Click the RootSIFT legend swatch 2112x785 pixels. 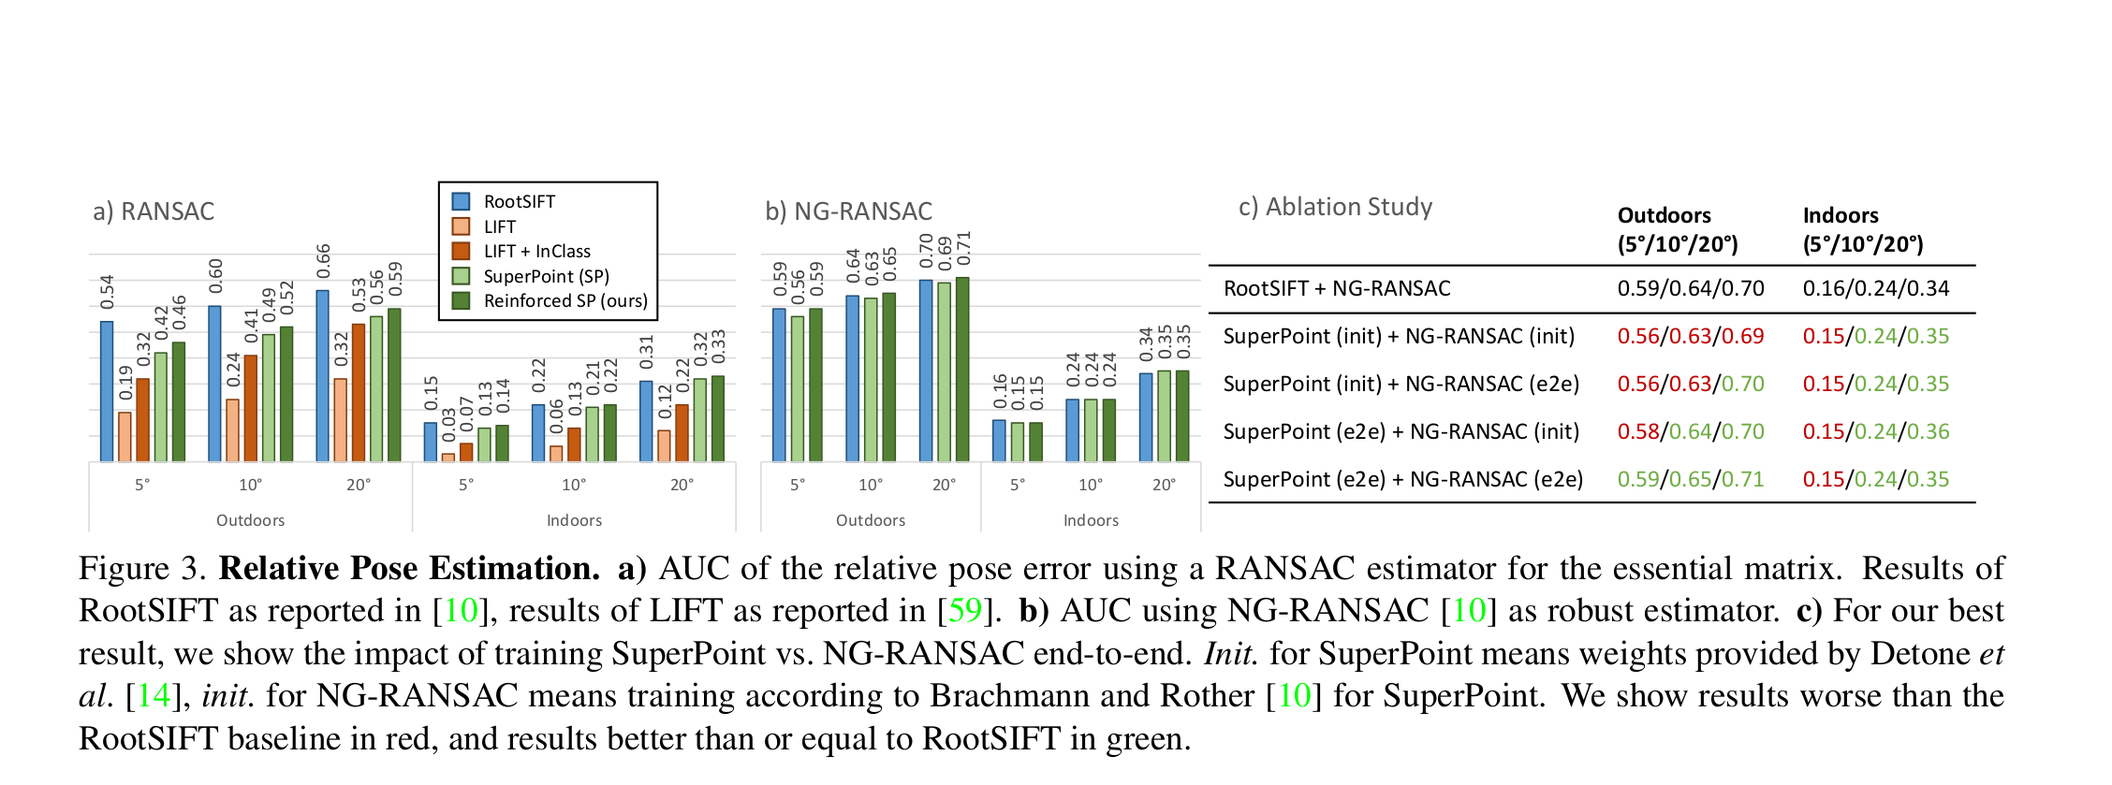pos(461,201)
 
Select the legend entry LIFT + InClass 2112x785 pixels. pos(536,252)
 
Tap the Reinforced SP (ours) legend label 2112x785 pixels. pos(565,301)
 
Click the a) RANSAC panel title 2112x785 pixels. pos(154,211)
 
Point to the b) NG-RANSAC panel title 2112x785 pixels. pos(848,211)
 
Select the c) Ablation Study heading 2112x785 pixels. pos(1335,207)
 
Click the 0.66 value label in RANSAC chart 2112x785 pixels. pos(323,261)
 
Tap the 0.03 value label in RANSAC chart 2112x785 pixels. pos(448,424)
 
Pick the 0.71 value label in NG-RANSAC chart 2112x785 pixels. pos(963,248)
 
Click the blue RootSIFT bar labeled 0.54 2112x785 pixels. pos(107,391)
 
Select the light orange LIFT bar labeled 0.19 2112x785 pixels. pos(125,436)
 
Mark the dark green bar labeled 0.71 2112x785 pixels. pos(962,369)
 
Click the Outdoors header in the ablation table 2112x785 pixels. pos(1664,216)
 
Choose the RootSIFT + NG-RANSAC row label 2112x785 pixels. pos(1337,289)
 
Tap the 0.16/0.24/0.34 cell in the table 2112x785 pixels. pos(1875,289)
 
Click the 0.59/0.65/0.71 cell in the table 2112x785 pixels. pos(1690,480)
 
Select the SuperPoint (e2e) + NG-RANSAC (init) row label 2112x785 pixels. pos(1401,432)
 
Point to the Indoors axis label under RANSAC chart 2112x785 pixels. pos(574,520)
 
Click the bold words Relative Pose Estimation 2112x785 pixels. pos(409,569)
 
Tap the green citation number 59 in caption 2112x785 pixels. pos(964,611)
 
